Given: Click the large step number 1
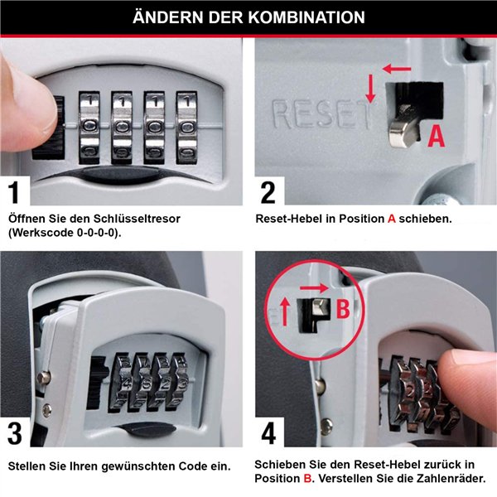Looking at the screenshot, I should coord(16,192).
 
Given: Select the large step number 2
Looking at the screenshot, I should coord(268,192).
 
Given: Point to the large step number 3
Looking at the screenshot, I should coord(16,433).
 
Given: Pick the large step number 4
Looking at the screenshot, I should coord(268,433).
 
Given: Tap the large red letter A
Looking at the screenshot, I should coord(436,136).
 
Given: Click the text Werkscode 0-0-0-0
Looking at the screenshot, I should coord(63,233).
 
